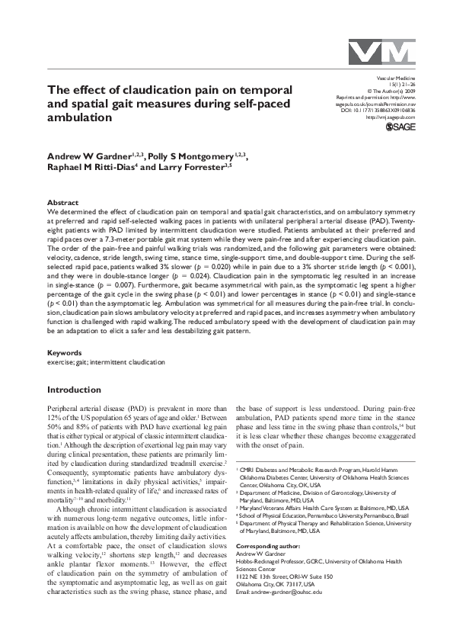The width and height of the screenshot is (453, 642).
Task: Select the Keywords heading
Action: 65,352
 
